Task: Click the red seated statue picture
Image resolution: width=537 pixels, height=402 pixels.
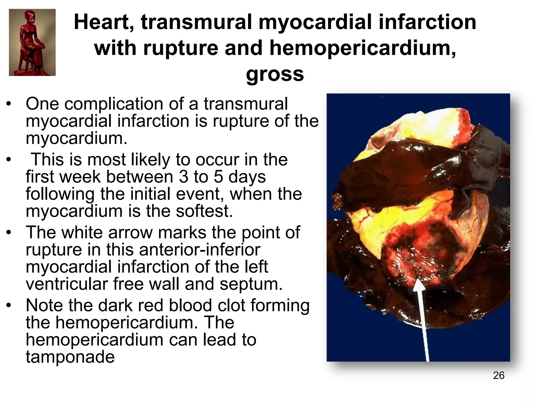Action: tap(32, 42)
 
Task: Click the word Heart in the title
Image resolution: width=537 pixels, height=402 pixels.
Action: tap(101, 22)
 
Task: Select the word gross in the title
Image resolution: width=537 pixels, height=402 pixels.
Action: tap(275, 74)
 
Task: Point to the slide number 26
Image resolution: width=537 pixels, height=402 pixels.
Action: tap(498, 375)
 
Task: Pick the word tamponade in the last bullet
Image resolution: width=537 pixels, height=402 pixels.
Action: tap(70, 357)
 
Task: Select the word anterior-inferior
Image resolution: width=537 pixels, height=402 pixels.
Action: tap(200, 249)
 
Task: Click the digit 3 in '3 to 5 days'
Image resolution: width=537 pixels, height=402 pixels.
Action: tap(184, 177)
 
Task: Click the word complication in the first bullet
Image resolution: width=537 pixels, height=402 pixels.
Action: tap(114, 104)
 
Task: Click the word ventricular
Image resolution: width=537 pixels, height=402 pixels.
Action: tap(67, 284)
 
